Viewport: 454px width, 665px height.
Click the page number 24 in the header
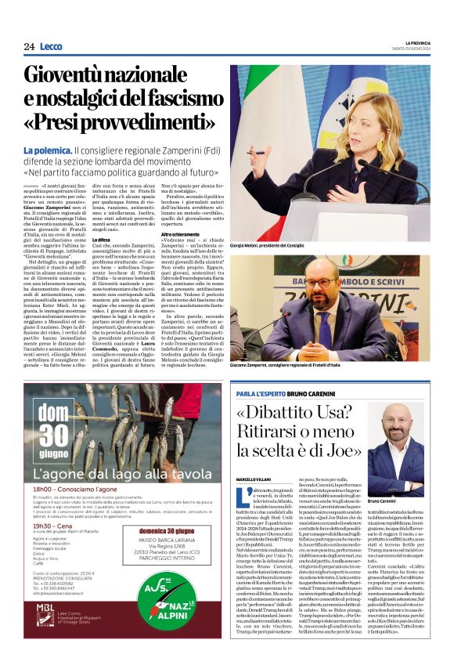(x=29, y=46)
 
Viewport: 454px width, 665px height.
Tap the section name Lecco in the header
(x=52, y=46)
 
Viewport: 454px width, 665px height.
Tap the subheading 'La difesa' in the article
(x=103, y=239)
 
